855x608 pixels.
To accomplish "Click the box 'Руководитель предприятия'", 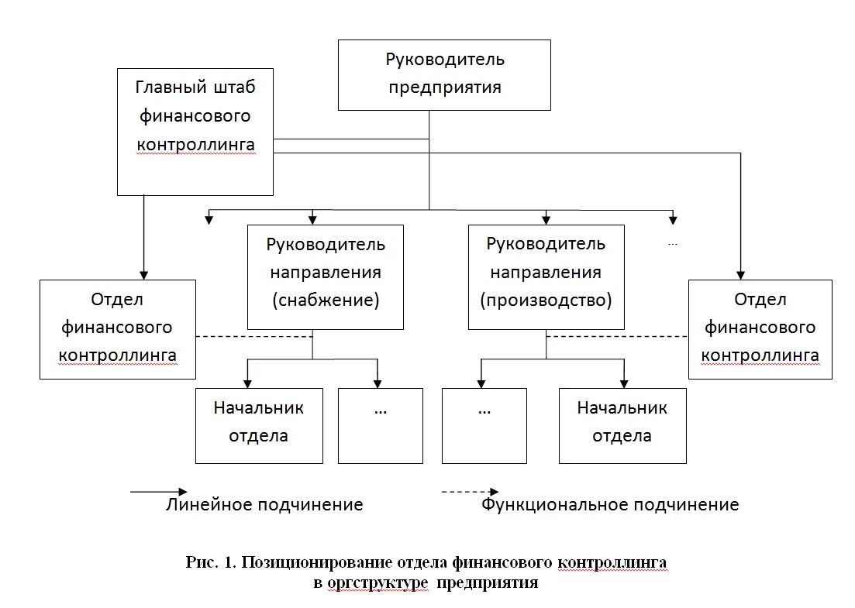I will pos(444,74).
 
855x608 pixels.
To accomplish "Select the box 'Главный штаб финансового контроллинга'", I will pos(195,131).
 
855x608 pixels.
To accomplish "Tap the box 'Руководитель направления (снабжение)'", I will pos(325,276).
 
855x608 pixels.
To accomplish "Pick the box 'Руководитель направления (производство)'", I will pos(546,276).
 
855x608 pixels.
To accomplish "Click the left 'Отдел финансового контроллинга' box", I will pos(118,329).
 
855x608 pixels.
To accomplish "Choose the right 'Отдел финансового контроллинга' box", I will pos(760,329).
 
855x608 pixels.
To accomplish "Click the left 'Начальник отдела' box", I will pos(259,425).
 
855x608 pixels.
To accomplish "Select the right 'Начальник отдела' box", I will pos(622,425).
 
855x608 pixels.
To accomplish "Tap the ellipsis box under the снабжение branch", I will pos(380,425).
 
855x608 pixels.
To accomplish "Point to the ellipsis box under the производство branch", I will pos(484,425).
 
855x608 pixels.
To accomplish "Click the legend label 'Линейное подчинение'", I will pos(264,505).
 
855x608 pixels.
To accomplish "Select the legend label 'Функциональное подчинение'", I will pos(610,505).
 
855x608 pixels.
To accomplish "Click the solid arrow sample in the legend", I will pos(158,492).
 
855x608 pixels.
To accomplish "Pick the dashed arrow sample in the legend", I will pos(470,492).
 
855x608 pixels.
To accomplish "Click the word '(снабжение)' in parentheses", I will pos(326,301).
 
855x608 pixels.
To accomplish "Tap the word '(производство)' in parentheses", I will pos(546,301).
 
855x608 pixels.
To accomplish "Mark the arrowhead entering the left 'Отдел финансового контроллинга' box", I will pos(143,274).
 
